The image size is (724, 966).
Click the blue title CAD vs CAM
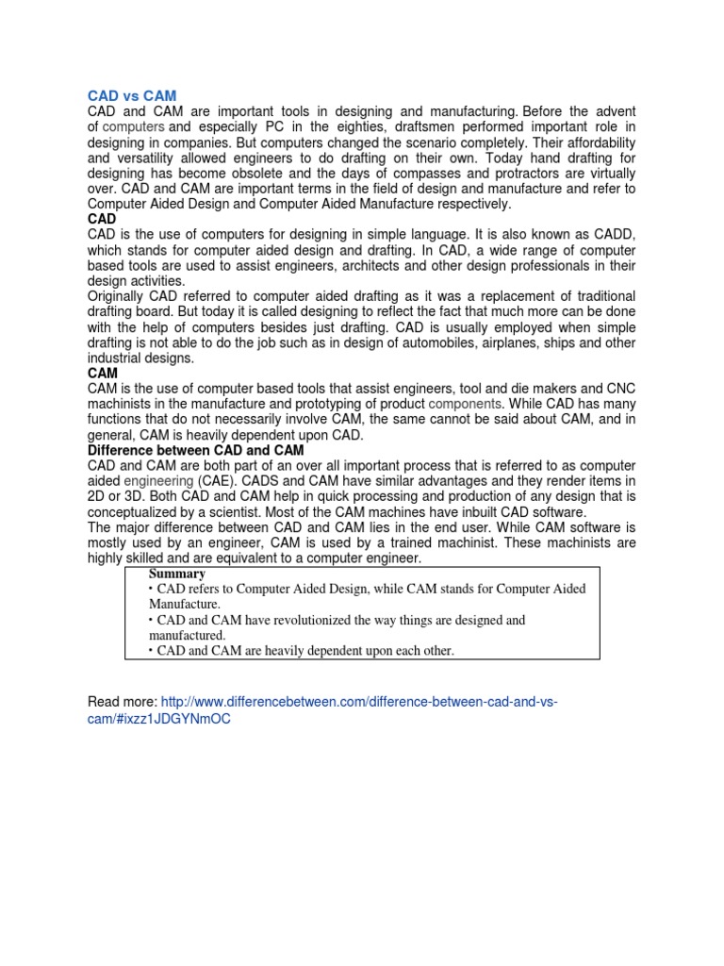pos(132,95)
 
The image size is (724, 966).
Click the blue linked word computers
pos(133,126)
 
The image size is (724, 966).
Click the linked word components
pos(465,405)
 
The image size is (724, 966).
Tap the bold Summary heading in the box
pos(177,574)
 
